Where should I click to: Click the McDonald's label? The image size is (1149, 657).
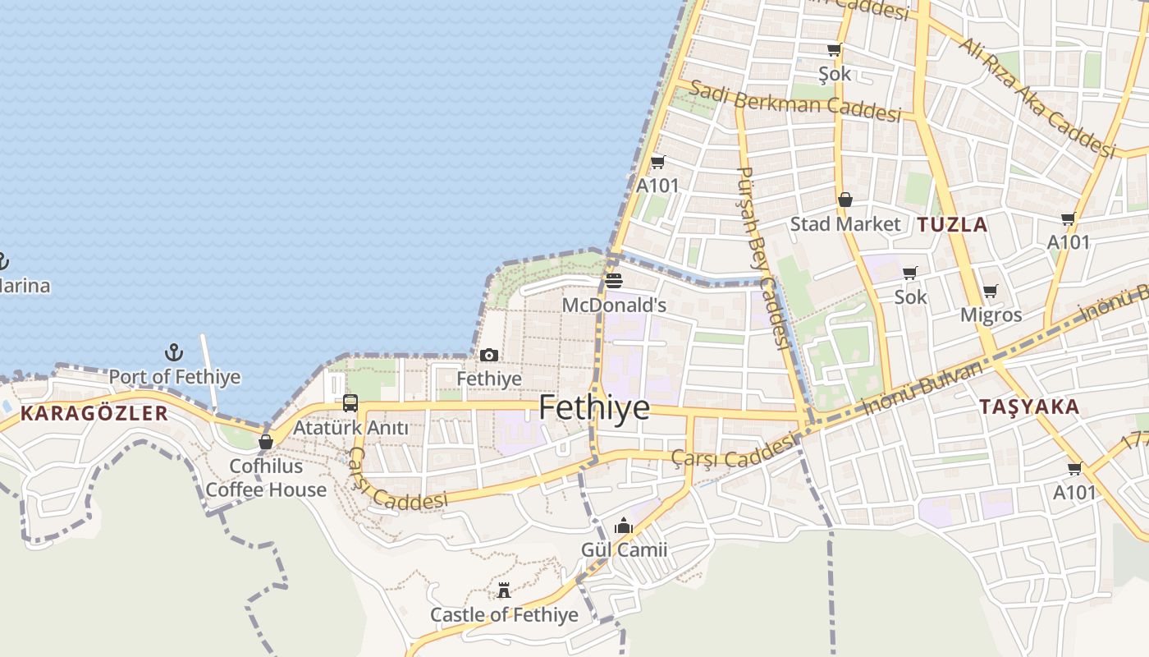point(613,306)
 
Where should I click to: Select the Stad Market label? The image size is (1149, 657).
point(845,224)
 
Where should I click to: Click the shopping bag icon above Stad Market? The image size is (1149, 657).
point(845,200)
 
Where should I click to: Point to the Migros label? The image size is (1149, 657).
point(991,315)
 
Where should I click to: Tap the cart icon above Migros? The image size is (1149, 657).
point(991,292)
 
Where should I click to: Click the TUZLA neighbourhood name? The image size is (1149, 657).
point(952,224)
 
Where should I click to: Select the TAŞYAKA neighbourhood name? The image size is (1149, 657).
point(1029,407)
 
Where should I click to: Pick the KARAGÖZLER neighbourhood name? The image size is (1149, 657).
point(94,413)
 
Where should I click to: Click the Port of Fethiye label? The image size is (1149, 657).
point(175,377)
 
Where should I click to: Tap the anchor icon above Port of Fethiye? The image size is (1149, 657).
point(173,353)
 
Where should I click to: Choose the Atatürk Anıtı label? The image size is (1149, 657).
point(350,428)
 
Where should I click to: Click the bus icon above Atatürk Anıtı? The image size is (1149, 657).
point(350,403)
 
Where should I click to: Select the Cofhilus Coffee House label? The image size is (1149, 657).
point(266,478)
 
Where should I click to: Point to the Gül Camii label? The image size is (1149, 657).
point(624,549)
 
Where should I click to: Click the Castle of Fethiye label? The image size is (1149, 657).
point(504,614)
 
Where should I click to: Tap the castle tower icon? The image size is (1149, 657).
point(504,590)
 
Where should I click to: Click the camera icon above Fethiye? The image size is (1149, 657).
point(489,355)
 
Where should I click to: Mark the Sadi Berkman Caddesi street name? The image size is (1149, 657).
point(794,101)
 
